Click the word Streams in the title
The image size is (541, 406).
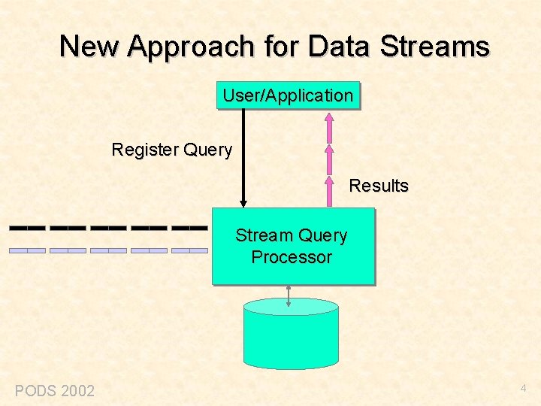[435, 47]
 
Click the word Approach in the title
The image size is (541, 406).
[192, 47]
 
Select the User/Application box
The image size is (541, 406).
[288, 95]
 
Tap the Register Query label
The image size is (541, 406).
[171, 150]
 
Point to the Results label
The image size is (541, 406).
[379, 186]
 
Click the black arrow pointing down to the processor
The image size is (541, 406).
[243, 158]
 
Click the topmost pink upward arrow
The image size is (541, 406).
[328, 127]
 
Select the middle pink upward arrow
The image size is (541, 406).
[328, 159]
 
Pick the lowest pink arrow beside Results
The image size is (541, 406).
[328, 191]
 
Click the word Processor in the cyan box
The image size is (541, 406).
[292, 257]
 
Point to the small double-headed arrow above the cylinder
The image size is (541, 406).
[289, 295]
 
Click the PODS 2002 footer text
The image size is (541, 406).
[55, 390]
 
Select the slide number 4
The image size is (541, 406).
[524, 389]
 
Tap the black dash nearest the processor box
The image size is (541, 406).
[189, 226]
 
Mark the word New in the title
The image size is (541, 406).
[90, 47]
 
